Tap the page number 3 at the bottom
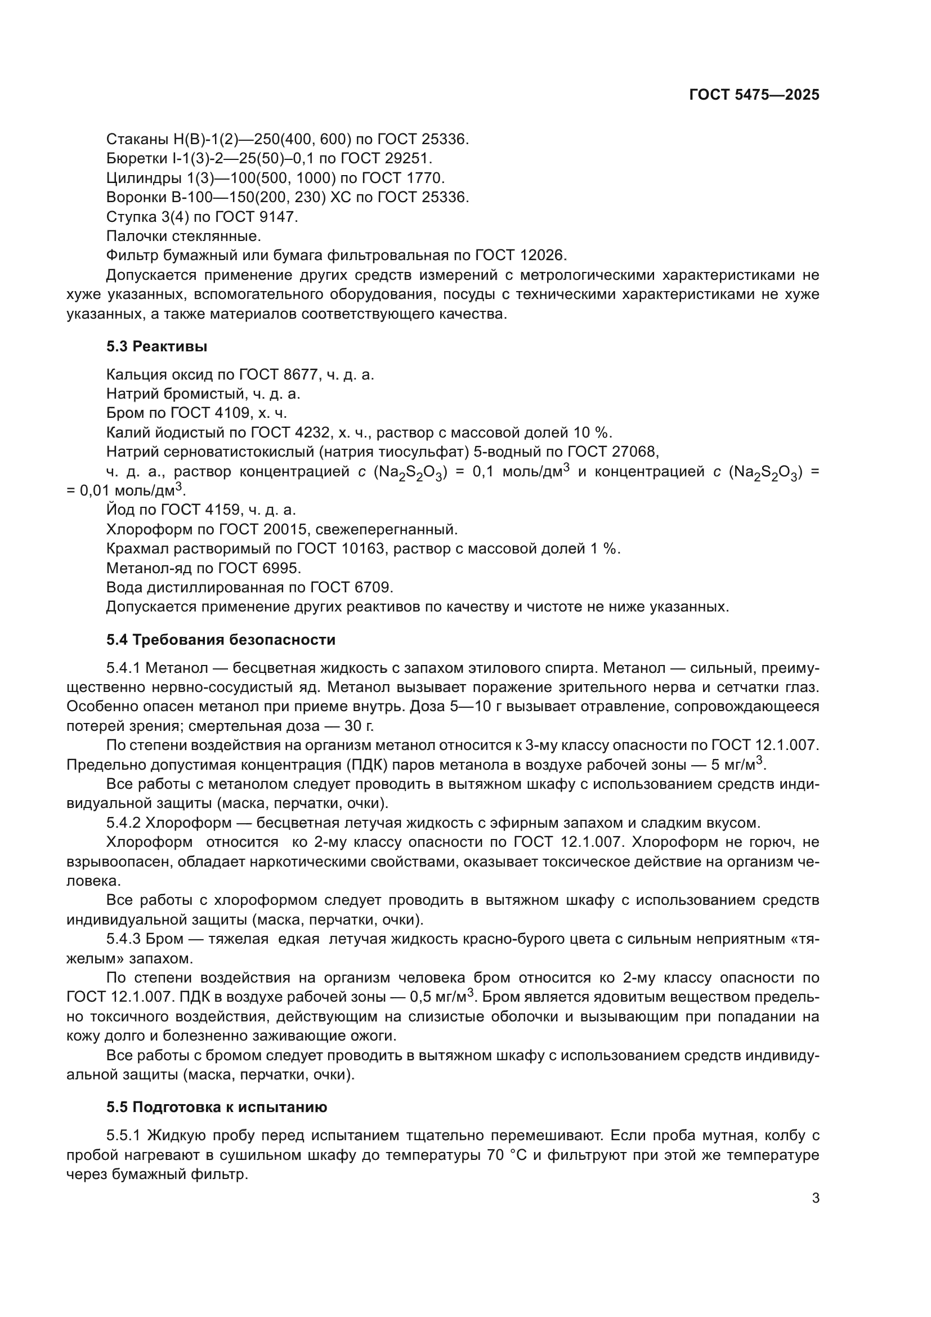pos(815,1198)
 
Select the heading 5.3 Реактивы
pos(156,346)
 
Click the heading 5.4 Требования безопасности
pos(221,640)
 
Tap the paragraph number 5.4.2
pos(123,823)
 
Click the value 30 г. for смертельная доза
pos(359,726)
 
